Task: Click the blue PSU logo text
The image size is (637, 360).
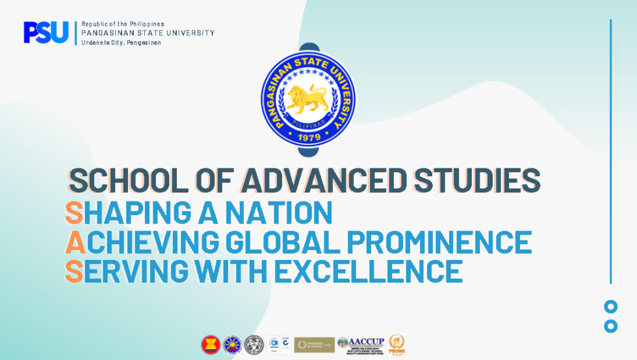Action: coord(45,32)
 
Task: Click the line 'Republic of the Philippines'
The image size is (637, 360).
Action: coord(123,24)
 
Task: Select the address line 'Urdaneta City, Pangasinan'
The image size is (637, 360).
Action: coord(121,42)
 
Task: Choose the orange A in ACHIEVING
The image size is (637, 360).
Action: coord(75,242)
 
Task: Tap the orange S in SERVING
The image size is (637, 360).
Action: coord(73,271)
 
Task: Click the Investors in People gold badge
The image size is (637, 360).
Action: coord(314,344)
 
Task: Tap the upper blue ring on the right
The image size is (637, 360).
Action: coord(610,307)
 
